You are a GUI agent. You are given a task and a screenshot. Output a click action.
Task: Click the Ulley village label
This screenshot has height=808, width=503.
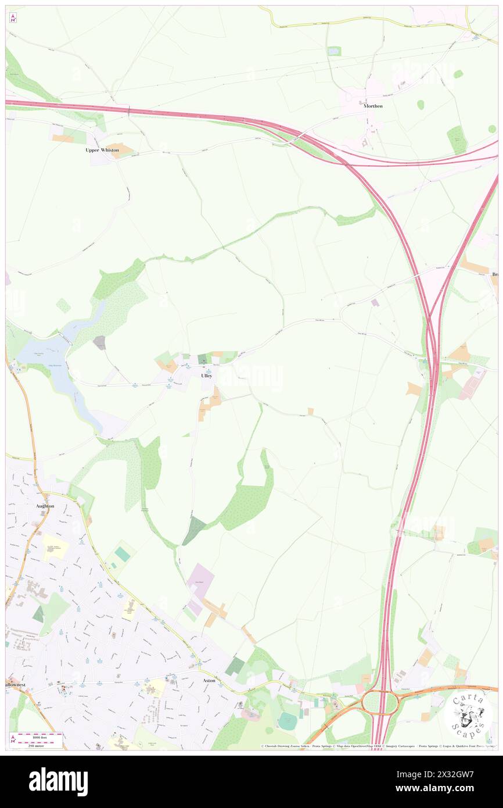click(206, 376)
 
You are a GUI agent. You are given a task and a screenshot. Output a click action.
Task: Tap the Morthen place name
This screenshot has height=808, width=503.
click(373, 106)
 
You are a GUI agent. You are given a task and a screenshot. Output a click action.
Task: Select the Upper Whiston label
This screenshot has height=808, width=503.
click(102, 150)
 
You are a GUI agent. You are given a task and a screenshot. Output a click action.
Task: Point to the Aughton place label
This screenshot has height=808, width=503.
click(45, 506)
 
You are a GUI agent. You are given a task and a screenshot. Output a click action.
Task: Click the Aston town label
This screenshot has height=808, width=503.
click(209, 680)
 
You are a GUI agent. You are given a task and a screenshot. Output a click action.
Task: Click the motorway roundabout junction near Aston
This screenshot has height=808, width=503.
click(380, 703)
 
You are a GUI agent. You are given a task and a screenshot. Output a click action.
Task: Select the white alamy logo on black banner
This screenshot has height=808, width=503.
click(58, 781)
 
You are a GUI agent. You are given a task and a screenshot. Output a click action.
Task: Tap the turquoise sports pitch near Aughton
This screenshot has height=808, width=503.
click(123, 554)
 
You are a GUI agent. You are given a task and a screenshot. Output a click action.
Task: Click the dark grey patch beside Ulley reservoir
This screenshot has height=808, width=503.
click(99, 343)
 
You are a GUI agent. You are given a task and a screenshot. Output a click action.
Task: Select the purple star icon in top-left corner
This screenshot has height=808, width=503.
click(13, 19)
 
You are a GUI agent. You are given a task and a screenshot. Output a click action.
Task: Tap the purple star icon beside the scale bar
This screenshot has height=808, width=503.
click(13, 739)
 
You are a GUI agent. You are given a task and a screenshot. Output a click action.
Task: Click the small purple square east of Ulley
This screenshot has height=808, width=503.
click(375, 303)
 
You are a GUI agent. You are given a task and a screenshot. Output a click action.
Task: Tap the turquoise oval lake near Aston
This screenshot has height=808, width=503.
click(287, 721)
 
